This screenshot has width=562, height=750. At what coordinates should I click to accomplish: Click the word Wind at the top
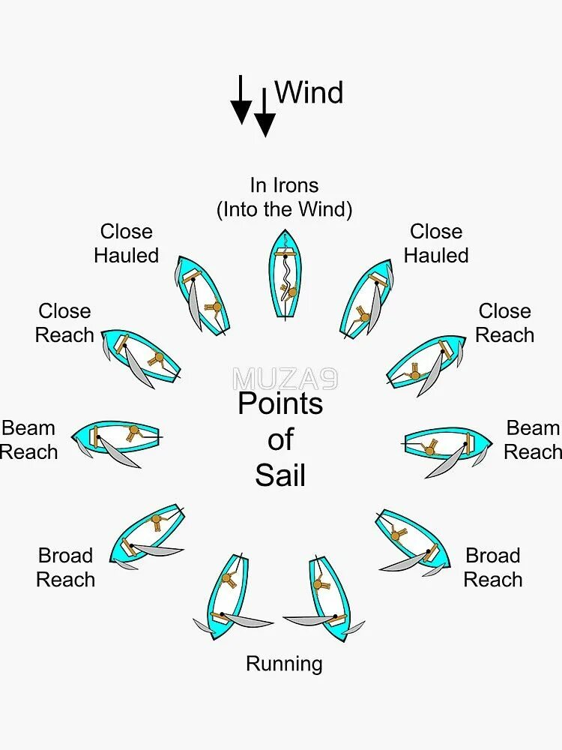pyautogui.click(x=309, y=92)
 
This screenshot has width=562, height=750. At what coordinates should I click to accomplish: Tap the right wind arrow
pyautogui.click(x=265, y=112)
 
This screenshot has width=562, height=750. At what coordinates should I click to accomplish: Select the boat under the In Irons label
pyautogui.click(x=285, y=274)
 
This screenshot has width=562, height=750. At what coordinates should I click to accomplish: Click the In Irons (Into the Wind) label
pyautogui.click(x=284, y=196)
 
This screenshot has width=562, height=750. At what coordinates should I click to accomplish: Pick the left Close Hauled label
pyautogui.click(x=127, y=243)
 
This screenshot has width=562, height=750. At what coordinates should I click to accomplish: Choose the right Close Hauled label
pyautogui.click(x=436, y=243)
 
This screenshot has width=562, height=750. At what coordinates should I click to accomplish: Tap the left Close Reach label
pyautogui.click(x=64, y=322)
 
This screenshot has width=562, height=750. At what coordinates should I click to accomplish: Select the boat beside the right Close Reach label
pyautogui.click(x=425, y=363)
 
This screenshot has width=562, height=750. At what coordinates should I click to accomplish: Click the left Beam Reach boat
pyautogui.click(x=118, y=439)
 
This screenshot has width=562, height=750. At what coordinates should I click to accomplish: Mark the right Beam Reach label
pyautogui.click(x=533, y=439)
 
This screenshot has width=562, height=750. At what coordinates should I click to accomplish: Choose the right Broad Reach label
pyautogui.click(x=493, y=567)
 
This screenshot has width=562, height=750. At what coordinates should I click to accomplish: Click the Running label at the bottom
pyautogui.click(x=284, y=664)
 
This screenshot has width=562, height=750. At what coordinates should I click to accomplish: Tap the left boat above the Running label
pyautogui.click(x=229, y=596)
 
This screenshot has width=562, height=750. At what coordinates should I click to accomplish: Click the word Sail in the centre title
pyautogui.click(x=280, y=475)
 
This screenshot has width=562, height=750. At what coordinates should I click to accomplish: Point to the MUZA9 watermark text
pyautogui.click(x=285, y=379)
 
